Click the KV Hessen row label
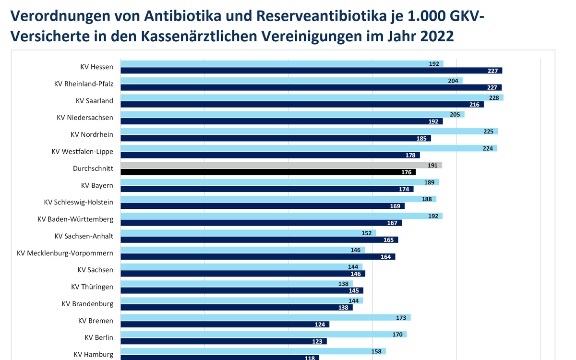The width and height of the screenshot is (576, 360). coord(97,67)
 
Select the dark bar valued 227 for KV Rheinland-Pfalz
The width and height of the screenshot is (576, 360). coord(311,87)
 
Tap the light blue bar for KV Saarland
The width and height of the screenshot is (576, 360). coord(312,97)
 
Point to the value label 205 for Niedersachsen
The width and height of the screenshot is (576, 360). coord(455,114)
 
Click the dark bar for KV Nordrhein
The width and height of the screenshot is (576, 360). coord(276,138)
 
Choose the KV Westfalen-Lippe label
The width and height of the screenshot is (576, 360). coord(83,152)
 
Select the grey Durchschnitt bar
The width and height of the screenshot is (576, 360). coord(281,165)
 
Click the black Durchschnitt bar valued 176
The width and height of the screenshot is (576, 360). coord(268,172)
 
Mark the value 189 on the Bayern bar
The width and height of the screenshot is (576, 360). coord(430,182)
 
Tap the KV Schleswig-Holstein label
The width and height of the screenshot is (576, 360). coord(78,203)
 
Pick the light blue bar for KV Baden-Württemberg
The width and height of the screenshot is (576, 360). coord(281,216)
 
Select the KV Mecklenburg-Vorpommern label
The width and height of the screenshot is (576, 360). coord(65,253)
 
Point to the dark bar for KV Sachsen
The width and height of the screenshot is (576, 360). coord(242,274)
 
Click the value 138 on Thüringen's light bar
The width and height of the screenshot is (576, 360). coord(344,284)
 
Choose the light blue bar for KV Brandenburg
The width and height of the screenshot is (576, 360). coord(241,300)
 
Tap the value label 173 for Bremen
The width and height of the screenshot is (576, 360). coord(401,318)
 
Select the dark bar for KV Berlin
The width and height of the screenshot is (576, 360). coord(223,341)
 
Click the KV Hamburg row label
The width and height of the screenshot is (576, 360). coord(94,355)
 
